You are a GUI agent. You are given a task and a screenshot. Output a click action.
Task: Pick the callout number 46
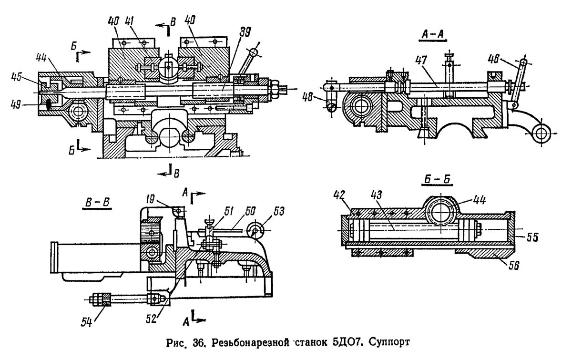click(493, 60)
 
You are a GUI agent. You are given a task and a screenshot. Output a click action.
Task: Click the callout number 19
click(151, 199)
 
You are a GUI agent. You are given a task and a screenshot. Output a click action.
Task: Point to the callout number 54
click(87, 322)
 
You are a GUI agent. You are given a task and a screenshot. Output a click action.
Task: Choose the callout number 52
click(151, 319)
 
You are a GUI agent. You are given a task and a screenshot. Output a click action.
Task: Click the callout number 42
click(339, 195)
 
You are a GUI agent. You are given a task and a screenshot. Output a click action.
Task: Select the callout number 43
click(377, 195)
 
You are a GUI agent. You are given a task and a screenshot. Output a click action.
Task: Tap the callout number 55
click(532, 237)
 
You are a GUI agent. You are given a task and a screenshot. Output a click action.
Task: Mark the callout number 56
click(513, 266)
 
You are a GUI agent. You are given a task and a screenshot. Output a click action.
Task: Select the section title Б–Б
click(437, 180)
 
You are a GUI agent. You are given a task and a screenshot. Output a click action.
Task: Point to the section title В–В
click(97, 202)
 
